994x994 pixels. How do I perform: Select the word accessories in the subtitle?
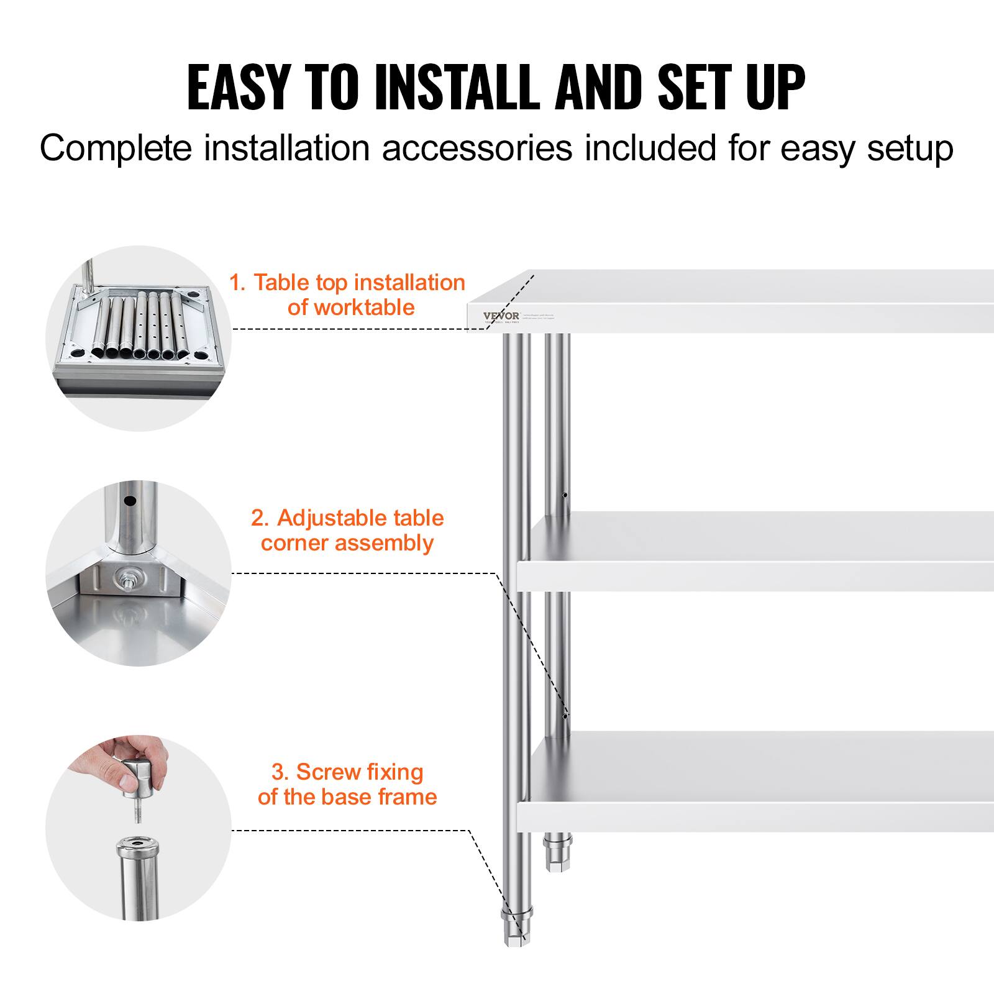[x=476, y=148]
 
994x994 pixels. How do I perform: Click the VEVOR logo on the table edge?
[x=501, y=316]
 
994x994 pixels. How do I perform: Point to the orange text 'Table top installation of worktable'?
[x=348, y=294]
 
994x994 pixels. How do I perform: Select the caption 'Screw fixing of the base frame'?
[x=347, y=784]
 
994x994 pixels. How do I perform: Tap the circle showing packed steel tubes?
[x=139, y=339]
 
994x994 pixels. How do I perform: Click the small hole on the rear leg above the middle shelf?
[x=564, y=496]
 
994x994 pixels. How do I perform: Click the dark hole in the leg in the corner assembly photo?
[x=129, y=500]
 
